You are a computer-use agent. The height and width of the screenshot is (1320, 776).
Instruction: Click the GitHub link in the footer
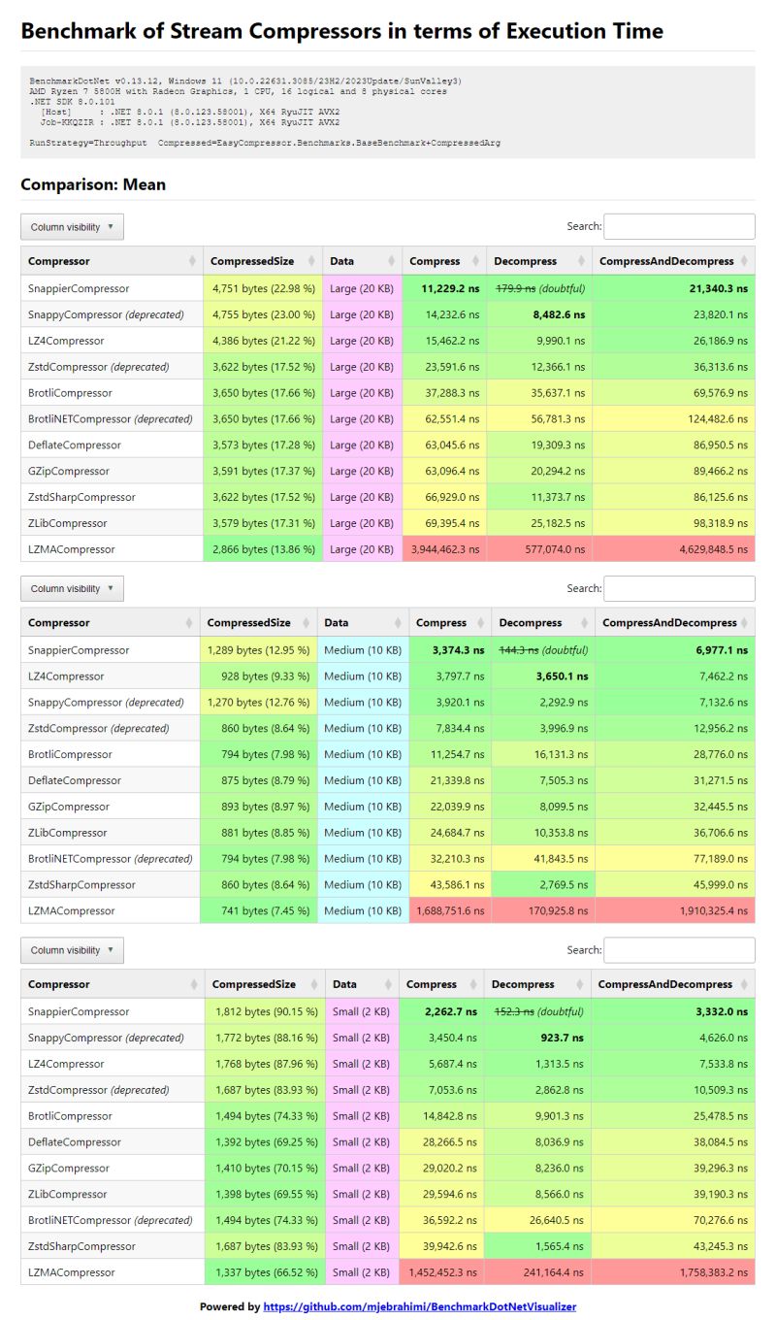pos(419,1306)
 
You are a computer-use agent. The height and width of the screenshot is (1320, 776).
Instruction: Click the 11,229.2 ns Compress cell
pos(450,288)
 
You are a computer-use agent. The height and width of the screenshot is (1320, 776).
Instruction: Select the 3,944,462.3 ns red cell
pos(442,549)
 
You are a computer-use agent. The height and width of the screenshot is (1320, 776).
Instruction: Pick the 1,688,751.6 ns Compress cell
pos(450,910)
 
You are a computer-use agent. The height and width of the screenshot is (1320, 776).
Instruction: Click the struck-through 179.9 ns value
pos(516,288)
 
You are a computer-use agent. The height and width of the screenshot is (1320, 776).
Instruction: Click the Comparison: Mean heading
pos(93,184)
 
